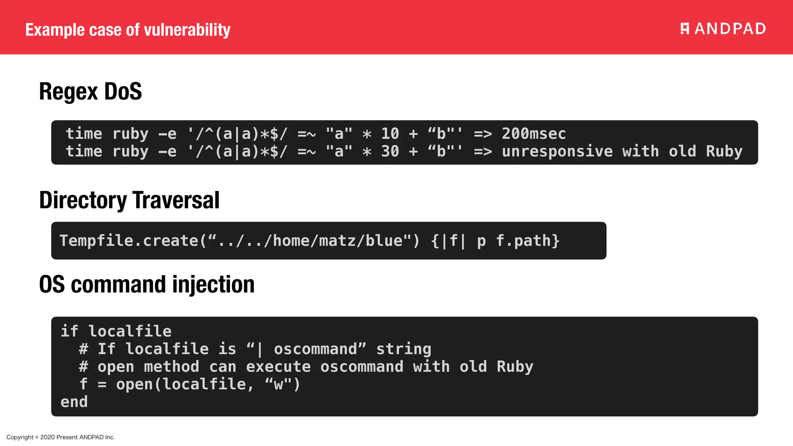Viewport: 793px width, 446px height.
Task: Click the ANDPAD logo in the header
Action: [x=723, y=29]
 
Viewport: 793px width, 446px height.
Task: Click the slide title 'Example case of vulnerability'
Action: [x=128, y=30]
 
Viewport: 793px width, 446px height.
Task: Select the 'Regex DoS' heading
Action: [x=91, y=92]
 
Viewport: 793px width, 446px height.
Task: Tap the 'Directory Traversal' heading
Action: [x=129, y=200]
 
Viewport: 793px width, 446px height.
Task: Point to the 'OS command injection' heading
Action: [x=147, y=285]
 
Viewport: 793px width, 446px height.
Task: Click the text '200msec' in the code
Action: [x=534, y=134]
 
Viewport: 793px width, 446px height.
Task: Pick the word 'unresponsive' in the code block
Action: [x=557, y=151]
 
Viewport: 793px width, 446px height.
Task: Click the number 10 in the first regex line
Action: [x=390, y=134]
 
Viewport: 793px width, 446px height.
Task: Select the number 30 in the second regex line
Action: [x=390, y=151]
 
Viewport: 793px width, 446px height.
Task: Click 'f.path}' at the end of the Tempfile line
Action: [x=528, y=241]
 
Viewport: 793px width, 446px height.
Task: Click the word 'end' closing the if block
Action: [x=74, y=402]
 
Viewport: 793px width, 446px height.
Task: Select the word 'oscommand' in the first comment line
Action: [x=315, y=349]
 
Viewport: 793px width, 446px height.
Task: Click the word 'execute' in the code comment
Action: [x=278, y=367]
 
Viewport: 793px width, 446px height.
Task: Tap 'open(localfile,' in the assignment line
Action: [x=185, y=384]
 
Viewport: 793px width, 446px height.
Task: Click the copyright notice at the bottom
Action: [x=60, y=437]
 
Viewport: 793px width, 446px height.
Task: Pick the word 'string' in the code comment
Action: [x=403, y=349]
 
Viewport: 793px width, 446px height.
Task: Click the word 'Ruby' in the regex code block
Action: [x=724, y=151]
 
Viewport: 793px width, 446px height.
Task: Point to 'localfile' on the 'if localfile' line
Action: [x=130, y=331]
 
